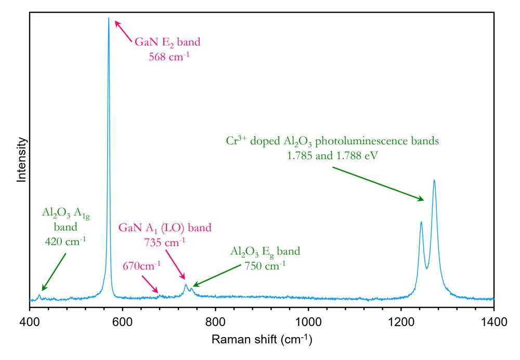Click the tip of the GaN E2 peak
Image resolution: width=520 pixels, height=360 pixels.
pyautogui.click(x=109, y=18)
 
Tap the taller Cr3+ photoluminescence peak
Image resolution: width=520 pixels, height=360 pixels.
pyautogui.click(x=434, y=181)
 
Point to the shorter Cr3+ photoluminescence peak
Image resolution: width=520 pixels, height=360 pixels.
pyautogui.click(x=421, y=222)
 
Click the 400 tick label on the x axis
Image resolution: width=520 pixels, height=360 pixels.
pyautogui.click(x=30, y=322)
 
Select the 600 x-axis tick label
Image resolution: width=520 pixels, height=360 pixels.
pyautogui.click(x=122, y=322)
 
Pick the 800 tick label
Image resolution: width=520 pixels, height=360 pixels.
pyautogui.click(x=215, y=322)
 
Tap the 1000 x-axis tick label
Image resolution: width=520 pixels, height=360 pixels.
pyautogui.click(x=308, y=322)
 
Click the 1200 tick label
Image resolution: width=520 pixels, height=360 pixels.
pyautogui.click(x=401, y=322)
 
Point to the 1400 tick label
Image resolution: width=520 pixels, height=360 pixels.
pyautogui.click(x=494, y=322)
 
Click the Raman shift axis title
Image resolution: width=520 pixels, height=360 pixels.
pyautogui.click(x=262, y=339)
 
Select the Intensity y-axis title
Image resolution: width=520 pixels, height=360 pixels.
pyautogui.click(x=21, y=160)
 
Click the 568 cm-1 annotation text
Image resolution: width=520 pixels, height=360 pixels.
pyautogui.click(x=169, y=56)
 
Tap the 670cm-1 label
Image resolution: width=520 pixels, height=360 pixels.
pyautogui.click(x=141, y=265)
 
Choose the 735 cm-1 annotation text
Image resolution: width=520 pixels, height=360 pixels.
pyautogui.click(x=164, y=242)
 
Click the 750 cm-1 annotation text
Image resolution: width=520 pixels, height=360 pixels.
pyautogui.click(x=265, y=265)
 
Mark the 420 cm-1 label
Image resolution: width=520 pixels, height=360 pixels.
pyautogui.click(x=66, y=241)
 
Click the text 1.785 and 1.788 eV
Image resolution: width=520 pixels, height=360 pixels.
pyautogui.click(x=332, y=156)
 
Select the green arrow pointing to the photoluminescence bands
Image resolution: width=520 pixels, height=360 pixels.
pyautogui.click(x=378, y=184)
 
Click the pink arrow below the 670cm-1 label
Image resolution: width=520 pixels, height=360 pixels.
pyautogui.click(x=150, y=284)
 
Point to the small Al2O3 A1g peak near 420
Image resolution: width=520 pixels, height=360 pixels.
pyautogui.click(x=40, y=296)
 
